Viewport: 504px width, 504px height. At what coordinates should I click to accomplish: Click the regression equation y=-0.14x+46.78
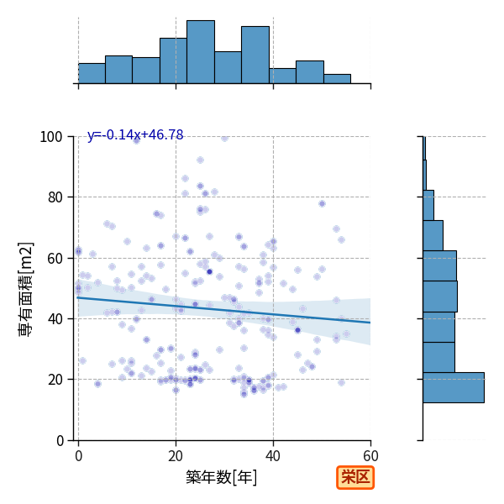click(135, 134)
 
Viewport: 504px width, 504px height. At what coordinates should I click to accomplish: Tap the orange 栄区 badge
click(355, 478)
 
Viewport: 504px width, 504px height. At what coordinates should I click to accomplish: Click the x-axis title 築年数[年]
click(222, 477)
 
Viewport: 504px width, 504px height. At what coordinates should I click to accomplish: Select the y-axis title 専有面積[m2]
click(26, 289)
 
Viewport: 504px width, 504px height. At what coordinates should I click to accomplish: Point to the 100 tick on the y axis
click(50, 137)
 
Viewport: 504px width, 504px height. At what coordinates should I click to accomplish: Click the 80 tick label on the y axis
click(55, 197)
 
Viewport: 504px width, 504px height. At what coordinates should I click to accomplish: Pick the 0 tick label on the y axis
click(60, 440)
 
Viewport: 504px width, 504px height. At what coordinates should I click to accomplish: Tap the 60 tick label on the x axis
click(370, 456)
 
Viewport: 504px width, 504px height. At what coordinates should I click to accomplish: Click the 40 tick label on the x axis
click(273, 456)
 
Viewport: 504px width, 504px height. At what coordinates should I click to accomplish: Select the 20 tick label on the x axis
click(176, 456)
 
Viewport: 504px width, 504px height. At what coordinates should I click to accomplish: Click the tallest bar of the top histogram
click(201, 52)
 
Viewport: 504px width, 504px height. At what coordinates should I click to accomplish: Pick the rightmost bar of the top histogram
click(337, 79)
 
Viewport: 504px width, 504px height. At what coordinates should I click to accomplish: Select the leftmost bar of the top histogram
click(92, 74)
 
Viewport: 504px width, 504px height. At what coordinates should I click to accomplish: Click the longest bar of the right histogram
click(454, 387)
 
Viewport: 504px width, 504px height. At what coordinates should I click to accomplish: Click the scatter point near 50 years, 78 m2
click(322, 203)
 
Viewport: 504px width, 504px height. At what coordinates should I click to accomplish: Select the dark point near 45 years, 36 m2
click(297, 330)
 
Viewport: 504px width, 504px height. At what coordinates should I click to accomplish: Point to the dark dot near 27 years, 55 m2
click(209, 272)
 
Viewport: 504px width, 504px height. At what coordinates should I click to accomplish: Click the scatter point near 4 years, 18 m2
click(97, 384)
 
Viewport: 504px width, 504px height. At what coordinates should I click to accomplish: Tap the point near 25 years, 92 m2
click(200, 160)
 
